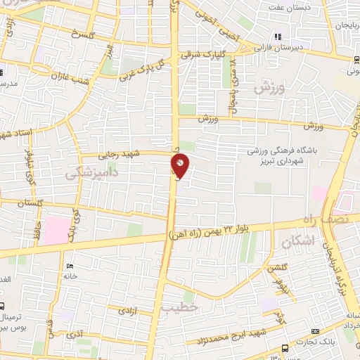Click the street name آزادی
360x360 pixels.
tap(127, 309)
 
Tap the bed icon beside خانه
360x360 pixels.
tap(69, 266)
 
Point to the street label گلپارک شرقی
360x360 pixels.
tap(204, 53)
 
